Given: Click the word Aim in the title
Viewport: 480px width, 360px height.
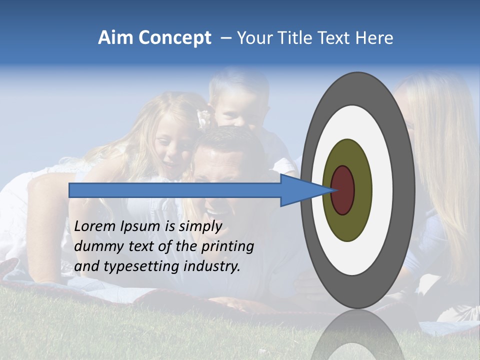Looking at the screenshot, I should [115, 38].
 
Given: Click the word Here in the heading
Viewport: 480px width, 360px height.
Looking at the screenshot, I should [374, 38].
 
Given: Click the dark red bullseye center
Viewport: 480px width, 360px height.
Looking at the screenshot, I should [343, 190].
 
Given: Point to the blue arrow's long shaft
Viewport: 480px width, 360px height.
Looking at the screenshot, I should [175, 190].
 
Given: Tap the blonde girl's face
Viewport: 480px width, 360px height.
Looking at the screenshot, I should [172, 145].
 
